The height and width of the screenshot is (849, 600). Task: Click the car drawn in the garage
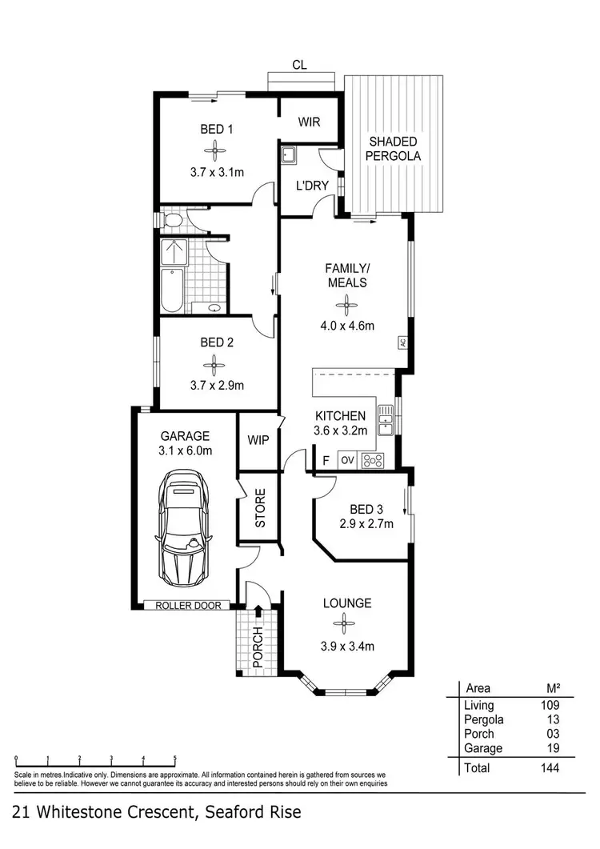coord(184,529)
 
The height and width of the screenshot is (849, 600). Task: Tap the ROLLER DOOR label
coord(185,605)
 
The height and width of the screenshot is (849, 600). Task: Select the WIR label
coord(309,122)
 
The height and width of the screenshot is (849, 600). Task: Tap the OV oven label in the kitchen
coord(347,460)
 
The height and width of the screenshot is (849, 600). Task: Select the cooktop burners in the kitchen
coord(374,460)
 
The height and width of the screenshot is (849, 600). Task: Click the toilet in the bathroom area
coord(171,218)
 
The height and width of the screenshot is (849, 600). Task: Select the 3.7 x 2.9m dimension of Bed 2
coord(217,385)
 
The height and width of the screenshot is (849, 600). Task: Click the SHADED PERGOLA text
coord(393,149)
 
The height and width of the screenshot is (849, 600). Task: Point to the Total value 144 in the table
coord(549,768)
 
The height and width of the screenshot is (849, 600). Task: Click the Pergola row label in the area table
coord(484,719)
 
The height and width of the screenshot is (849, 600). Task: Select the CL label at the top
coord(300,65)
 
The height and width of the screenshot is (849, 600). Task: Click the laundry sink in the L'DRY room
coord(289,154)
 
